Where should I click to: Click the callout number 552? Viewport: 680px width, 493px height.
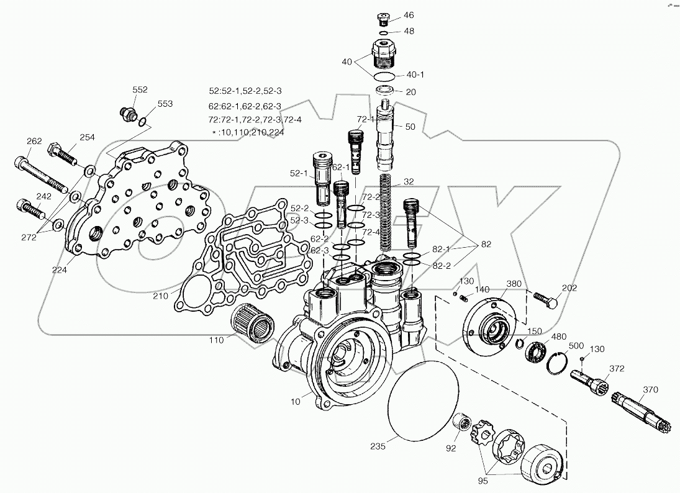(140, 89)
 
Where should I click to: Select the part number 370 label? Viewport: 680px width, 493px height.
(650, 389)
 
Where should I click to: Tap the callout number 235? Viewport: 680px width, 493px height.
(377, 446)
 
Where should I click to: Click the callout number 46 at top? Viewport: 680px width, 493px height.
(409, 15)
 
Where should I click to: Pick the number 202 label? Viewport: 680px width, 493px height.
(569, 287)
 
